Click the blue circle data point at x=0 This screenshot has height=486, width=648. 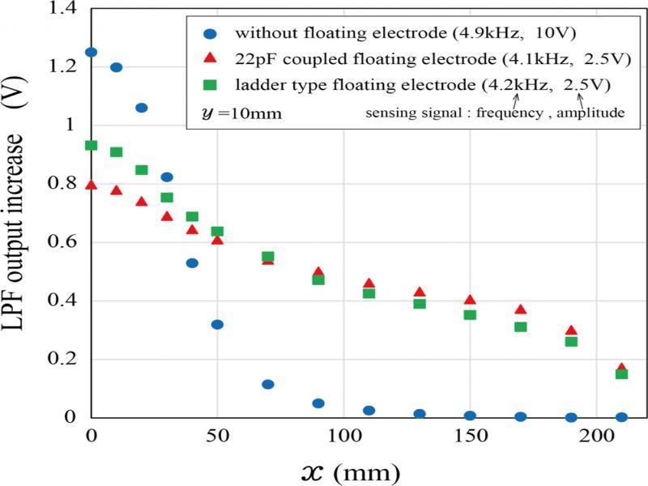point(91,53)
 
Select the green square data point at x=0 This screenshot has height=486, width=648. point(91,146)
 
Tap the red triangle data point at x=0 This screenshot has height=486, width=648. point(91,185)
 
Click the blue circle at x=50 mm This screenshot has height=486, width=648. point(217,325)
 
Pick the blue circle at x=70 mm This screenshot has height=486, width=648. point(268,385)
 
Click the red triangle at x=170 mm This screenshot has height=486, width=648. point(521,310)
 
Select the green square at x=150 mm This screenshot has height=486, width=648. point(470,314)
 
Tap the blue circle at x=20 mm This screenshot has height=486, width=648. point(142,108)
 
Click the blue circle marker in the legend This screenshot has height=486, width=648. point(211,34)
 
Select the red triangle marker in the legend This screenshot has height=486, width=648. point(211,59)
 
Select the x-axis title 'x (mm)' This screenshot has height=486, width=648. point(347,469)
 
